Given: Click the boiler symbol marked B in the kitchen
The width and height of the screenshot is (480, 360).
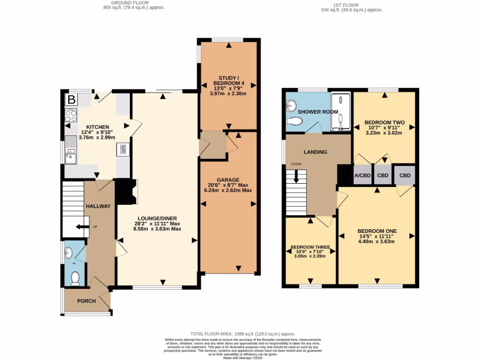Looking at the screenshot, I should coord(71,99).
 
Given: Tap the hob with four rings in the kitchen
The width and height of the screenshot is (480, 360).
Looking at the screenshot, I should coord(70,115).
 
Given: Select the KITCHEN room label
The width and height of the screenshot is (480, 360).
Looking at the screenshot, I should coord(97,127).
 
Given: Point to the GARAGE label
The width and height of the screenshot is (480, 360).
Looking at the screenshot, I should coord(228,180).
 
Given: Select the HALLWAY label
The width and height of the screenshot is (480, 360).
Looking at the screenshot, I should coord(98,206).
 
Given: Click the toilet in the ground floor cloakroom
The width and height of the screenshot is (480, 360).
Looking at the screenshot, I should coord(74,280).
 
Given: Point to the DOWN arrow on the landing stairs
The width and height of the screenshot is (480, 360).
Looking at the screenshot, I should coord(296,177).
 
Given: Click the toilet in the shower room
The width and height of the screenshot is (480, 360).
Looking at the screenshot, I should coord(295,121).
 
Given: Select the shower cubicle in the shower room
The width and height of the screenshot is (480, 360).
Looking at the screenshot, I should coord(341,112).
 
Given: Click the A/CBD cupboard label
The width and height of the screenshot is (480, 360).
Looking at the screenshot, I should coord(362,176).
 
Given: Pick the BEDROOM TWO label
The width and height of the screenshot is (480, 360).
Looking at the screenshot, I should coord(384,123).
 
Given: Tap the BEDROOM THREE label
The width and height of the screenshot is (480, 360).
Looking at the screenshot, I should coord(310,247).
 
